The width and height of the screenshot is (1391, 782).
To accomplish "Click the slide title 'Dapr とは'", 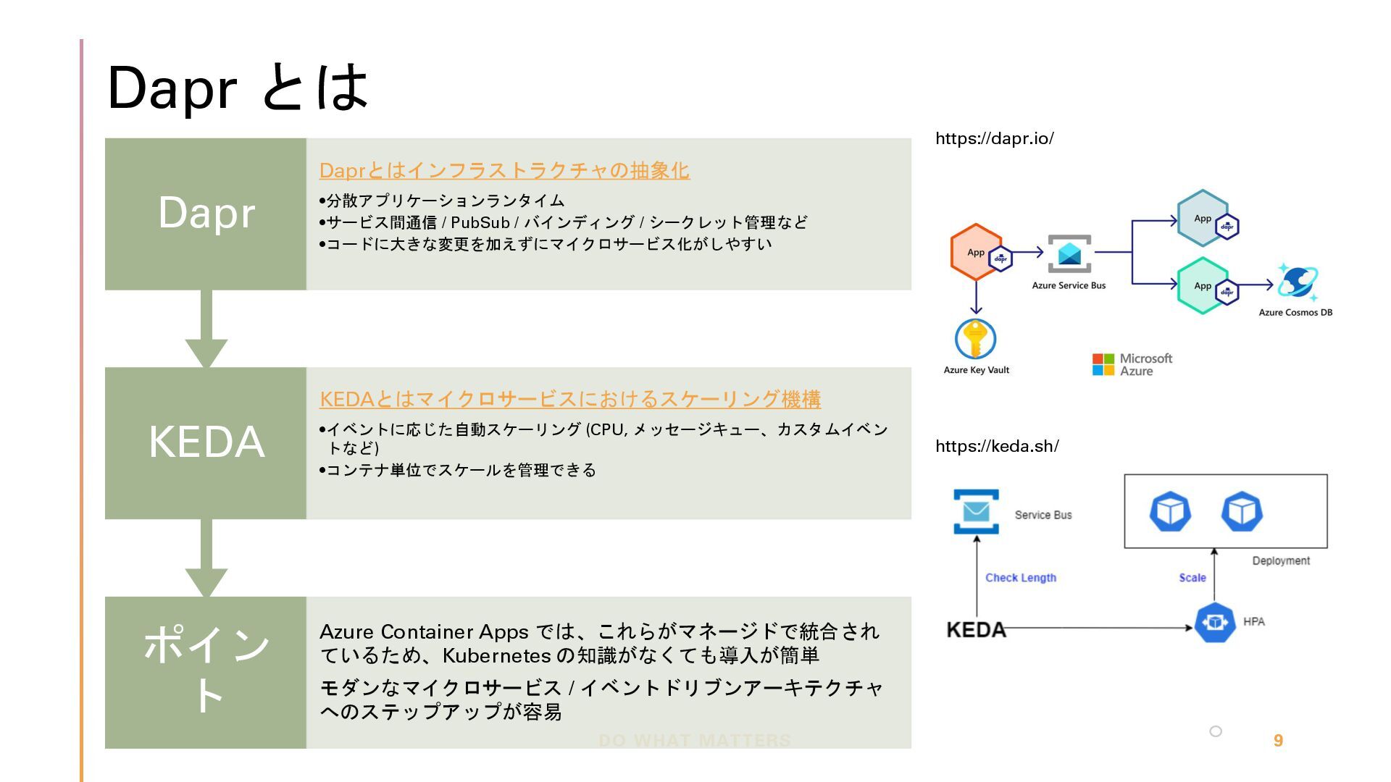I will coord(238,88).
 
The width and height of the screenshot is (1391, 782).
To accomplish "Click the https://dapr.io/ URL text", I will coord(994,138).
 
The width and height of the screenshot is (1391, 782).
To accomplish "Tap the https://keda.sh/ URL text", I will coord(997,446).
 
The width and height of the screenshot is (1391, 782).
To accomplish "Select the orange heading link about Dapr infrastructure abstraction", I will coord(504,171).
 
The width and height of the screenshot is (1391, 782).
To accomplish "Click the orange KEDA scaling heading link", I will coord(569,399).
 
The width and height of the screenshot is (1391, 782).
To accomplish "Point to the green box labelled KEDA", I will coord(206,442).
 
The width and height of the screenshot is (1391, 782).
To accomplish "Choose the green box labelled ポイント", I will coord(206,672).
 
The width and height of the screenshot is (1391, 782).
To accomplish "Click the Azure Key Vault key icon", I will coord(975,339).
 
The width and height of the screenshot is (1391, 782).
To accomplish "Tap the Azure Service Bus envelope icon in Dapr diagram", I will coord(1069,253).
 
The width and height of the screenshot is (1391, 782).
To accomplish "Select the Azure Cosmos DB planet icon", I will coord(1297,282).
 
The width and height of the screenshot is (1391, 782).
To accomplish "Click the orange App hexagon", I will coord(976,252).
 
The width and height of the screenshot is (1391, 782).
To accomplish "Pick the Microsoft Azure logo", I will coord(1132,364).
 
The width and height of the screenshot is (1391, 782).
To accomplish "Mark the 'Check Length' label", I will coord(1020,578).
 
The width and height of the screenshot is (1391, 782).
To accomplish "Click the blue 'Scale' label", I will coord(1192,578).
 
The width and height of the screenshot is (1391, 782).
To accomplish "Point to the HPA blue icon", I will coord(1214,623).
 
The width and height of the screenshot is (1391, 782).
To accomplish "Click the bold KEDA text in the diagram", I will coord(976,629).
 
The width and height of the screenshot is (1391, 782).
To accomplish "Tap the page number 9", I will coord(1278,740).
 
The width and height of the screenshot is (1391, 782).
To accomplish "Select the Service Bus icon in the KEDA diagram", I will coord(976,512).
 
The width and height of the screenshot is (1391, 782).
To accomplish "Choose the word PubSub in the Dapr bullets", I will coord(480,222).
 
